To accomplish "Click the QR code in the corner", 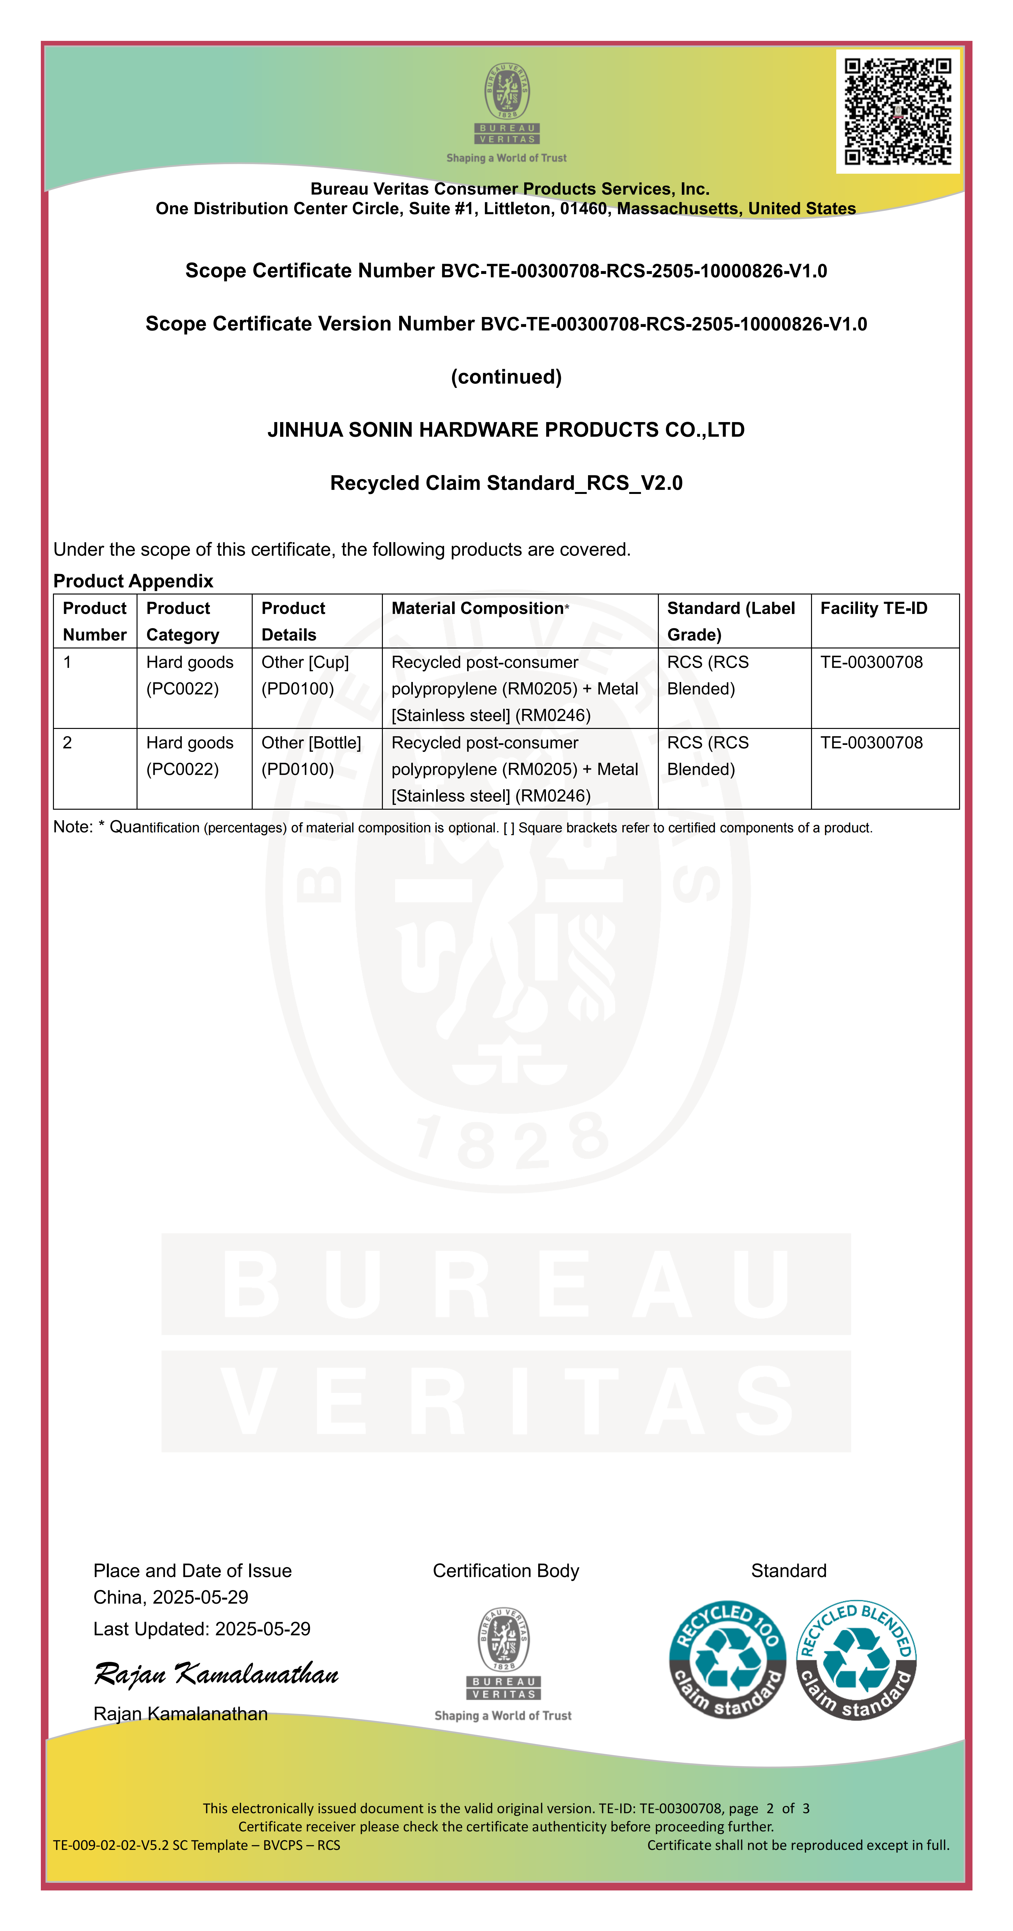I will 898,111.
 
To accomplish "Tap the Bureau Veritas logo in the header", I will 507,112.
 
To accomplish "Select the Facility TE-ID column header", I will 874,608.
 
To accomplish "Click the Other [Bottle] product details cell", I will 311,756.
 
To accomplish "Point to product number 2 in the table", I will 67,743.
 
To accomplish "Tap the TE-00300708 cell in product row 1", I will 871,662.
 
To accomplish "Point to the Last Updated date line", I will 202,1629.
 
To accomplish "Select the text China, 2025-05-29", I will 171,1597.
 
